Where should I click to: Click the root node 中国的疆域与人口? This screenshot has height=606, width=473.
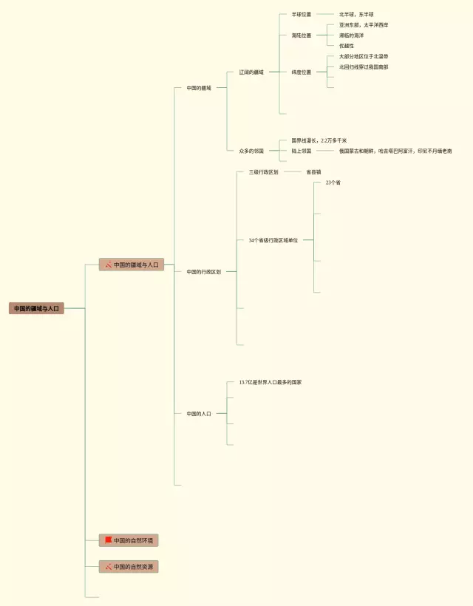click(x=36, y=308)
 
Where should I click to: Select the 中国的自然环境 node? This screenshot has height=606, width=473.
click(x=133, y=540)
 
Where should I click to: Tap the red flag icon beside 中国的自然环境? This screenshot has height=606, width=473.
click(x=108, y=540)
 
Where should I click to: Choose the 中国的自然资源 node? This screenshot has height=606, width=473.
click(x=133, y=567)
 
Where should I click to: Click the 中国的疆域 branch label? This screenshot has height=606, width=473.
click(x=199, y=88)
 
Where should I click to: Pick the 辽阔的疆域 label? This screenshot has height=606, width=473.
click(x=251, y=72)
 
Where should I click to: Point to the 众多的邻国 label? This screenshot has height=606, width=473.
click(x=251, y=151)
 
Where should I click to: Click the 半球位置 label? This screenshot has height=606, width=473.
click(x=302, y=14)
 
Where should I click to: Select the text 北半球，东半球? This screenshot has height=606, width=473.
click(x=356, y=14)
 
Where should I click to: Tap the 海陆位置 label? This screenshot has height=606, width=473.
click(x=302, y=35)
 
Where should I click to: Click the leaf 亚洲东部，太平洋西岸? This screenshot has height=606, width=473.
click(x=364, y=25)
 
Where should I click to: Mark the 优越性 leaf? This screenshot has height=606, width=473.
click(x=347, y=46)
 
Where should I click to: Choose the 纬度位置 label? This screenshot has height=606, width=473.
click(x=302, y=72)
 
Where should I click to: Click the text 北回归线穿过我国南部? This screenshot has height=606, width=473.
click(x=364, y=67)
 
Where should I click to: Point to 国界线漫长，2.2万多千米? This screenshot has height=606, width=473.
click(x=319, y=140)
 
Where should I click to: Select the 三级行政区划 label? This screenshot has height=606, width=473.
click(x=264, y=172)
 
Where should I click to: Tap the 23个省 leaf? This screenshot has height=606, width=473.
click(x=333, y=183)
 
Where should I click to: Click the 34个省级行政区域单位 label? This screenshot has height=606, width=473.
click(x=273, y=240)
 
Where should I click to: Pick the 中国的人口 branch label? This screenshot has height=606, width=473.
click(x=199, y=414)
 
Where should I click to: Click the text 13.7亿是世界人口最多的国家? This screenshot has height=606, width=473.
click(x=270, y=383)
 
